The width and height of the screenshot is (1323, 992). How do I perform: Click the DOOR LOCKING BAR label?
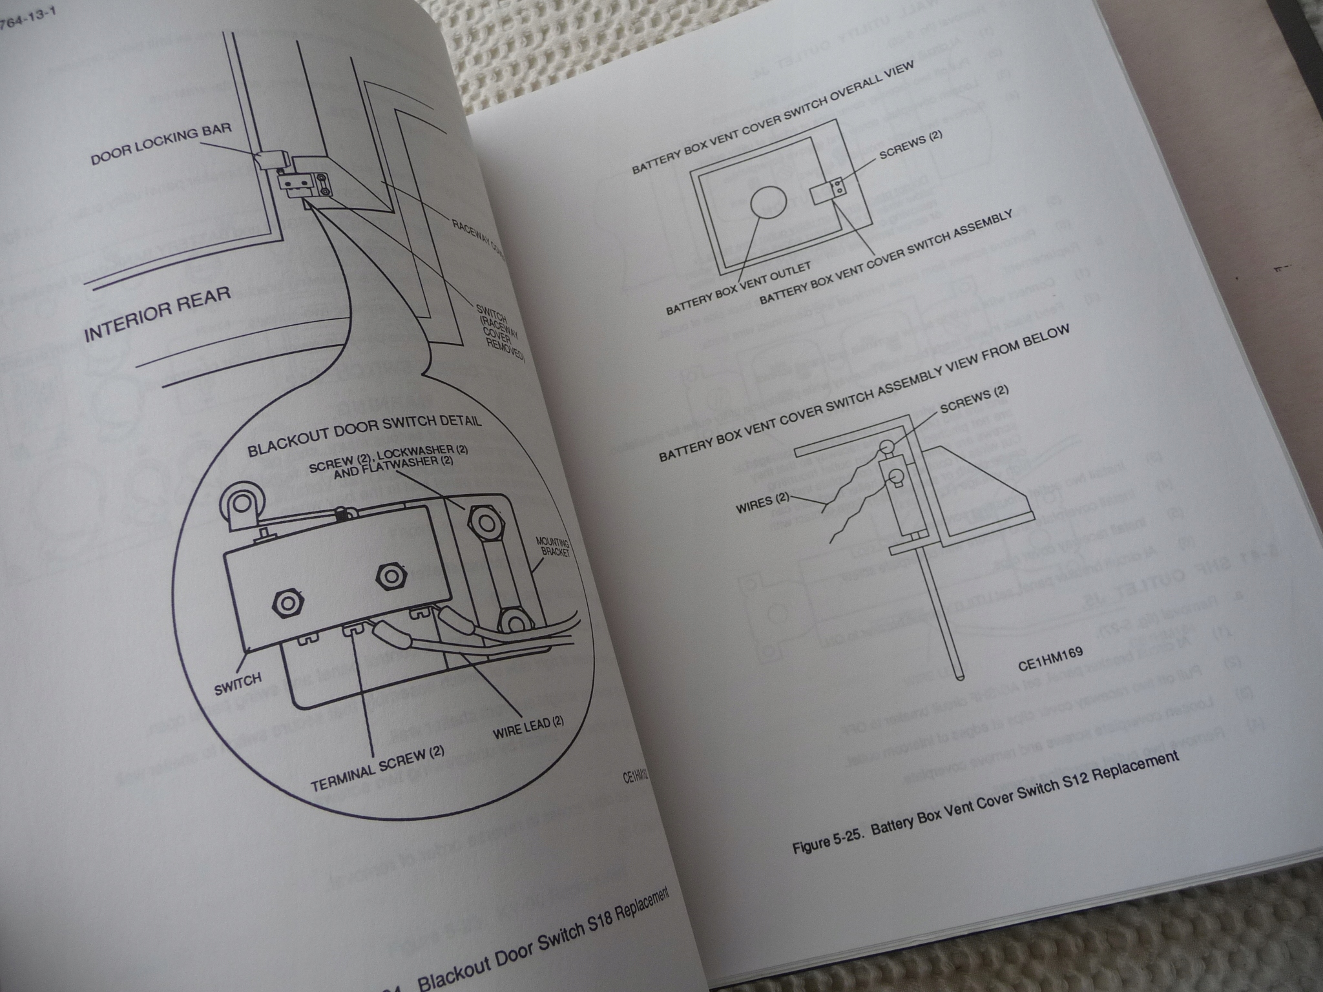click(161, 146)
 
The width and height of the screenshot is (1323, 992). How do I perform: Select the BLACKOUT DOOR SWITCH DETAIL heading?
click(365, 433)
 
